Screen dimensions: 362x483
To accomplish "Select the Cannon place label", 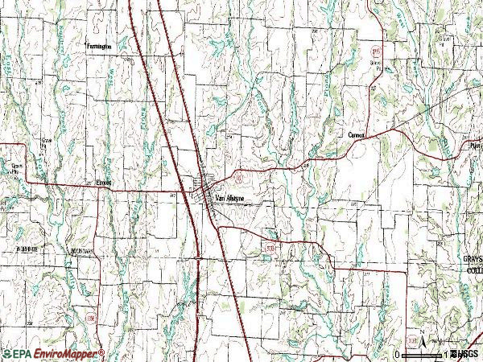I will tap(357, 135).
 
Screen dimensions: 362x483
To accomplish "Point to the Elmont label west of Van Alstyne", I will tap(106, 182).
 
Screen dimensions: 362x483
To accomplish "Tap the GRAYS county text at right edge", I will tap(471, 260).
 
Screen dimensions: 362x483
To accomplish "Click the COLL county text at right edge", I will tap(473, 270).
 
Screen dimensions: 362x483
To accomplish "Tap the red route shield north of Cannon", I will tap(374, 50).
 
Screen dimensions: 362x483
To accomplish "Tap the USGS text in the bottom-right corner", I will tap(466, 354).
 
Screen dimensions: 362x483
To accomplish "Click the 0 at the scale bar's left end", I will tap(398, 354).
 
